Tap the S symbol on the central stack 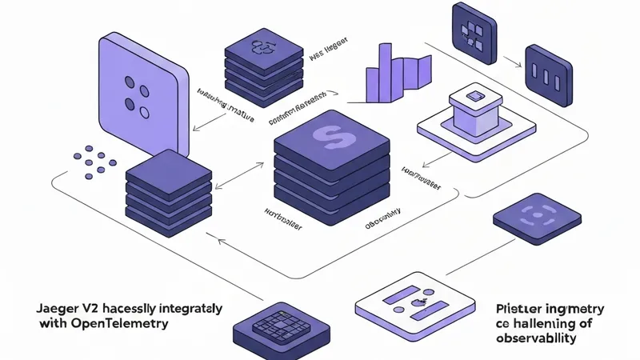[330, 136]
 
